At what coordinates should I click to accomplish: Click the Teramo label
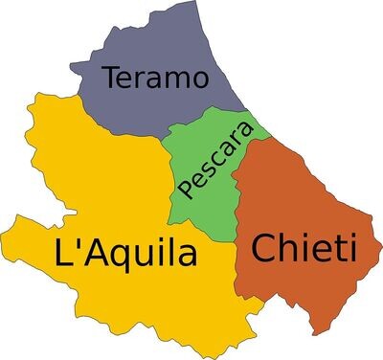click(x=155, y=78)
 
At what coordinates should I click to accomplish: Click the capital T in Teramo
click(x=112, y=77)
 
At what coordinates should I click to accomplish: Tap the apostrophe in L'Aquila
click(x=79, y=244)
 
